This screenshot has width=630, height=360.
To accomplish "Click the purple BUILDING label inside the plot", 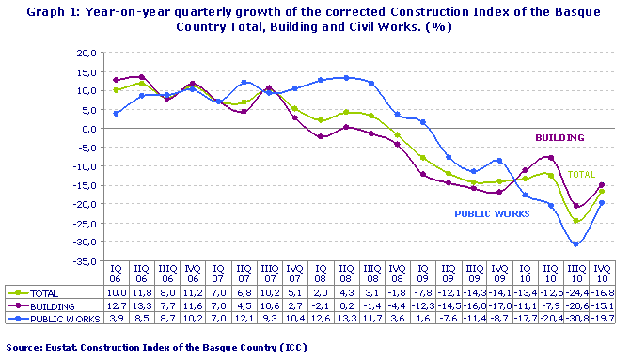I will coord(559,138).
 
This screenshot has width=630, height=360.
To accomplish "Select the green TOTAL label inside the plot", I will coord(580,175).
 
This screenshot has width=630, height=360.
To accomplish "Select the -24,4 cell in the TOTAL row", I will coord(573,294).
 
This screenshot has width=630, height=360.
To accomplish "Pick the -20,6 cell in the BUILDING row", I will coord(573,305).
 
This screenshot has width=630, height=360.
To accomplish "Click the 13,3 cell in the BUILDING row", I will coord(142,305).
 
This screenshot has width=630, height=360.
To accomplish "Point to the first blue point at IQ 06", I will coord(117,114).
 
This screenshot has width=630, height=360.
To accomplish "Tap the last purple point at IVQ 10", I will coord(601,185).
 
